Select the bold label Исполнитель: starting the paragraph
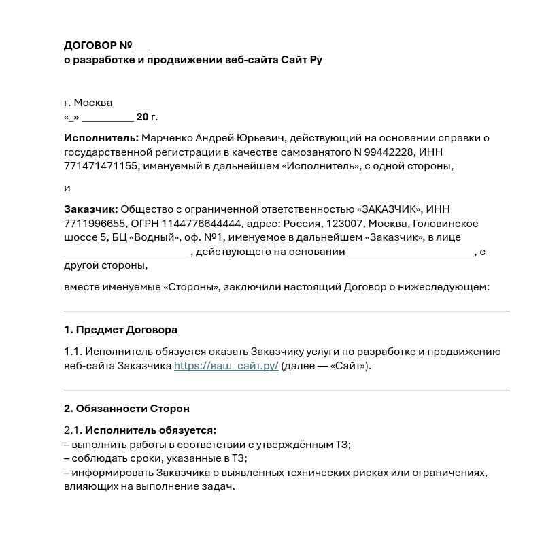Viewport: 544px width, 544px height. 101,138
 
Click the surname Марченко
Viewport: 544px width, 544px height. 169,138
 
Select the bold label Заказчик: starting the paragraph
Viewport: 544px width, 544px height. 91,209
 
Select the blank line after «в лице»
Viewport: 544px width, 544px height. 127,252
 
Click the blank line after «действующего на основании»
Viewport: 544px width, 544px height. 411,252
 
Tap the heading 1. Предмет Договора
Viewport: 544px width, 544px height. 120,330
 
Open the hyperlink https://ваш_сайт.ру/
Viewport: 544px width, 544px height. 226,366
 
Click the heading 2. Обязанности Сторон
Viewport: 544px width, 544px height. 126,409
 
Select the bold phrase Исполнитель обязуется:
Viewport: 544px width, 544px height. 150,430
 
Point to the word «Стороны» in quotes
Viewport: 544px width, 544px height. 192,288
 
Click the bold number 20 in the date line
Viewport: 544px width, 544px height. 142,117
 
